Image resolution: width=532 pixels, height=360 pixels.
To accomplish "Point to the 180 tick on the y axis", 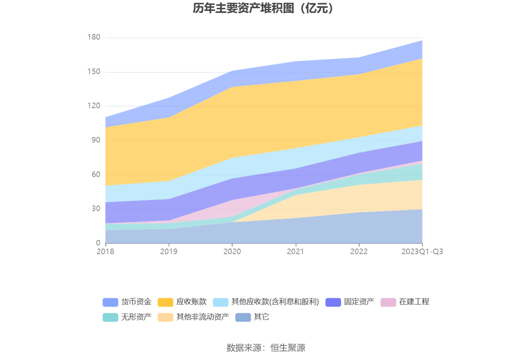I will coord(94,37).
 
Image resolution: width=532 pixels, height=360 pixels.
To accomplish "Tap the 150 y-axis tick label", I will coord(94,72).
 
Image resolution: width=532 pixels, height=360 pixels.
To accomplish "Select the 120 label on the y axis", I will coord(94,106).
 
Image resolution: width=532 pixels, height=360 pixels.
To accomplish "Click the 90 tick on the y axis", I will coord(96,140).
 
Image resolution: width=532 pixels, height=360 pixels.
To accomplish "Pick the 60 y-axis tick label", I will coord(96,175).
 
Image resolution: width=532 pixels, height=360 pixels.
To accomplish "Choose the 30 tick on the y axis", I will coord(96,209).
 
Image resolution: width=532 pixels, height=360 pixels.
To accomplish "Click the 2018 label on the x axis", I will coord(105,251).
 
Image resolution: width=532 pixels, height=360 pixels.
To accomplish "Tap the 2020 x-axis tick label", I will coord(232,251).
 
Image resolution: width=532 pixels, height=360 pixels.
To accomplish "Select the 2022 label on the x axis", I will coord(359,251).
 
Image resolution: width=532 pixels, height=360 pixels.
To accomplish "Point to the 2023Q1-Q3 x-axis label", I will coord(422,251).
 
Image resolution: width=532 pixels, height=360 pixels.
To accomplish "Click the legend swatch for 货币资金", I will coord(110,302).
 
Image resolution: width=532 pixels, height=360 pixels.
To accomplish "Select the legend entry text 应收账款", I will coord(191,302).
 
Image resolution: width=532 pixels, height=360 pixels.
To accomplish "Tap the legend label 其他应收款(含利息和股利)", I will coord(275,302).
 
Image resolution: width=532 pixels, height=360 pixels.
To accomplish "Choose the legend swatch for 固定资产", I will coord(333,302).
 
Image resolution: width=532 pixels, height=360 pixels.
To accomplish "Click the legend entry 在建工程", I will coord(414,302).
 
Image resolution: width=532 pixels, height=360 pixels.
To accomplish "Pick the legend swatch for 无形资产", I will coord(110,317).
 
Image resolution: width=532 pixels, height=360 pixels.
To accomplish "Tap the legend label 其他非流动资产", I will coord(203,317).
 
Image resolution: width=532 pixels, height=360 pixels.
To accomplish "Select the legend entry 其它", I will coord(261,317).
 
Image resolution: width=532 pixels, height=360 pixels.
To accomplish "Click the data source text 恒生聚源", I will coord(288,347).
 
